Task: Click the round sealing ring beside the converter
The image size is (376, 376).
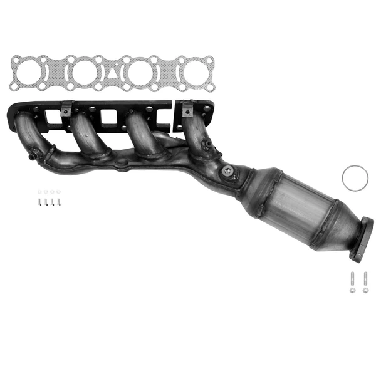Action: pyautogui.click(x=355, y=178)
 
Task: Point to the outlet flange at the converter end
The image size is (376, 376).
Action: pyautogui.click(x=362, y=239)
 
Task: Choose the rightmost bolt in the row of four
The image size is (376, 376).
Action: pyautogui.click(x=58, y=202)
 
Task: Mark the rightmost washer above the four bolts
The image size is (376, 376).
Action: pyautogui.click(x=58, y=192)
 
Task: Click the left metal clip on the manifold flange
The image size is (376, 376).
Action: pyautogui.click(x=65, y=109)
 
